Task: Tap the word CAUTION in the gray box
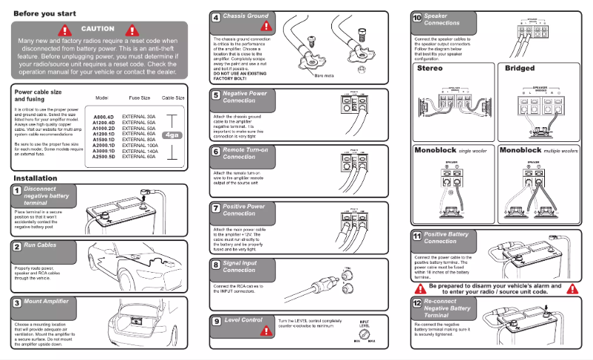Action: point(98,29)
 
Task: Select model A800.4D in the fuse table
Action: point(103,117)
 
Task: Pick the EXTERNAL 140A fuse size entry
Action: point(140,151)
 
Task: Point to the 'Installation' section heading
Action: point(35,178)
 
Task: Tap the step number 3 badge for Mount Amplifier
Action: point(16,302)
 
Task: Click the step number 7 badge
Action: point(215,208)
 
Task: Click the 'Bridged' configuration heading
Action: point(519,68)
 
